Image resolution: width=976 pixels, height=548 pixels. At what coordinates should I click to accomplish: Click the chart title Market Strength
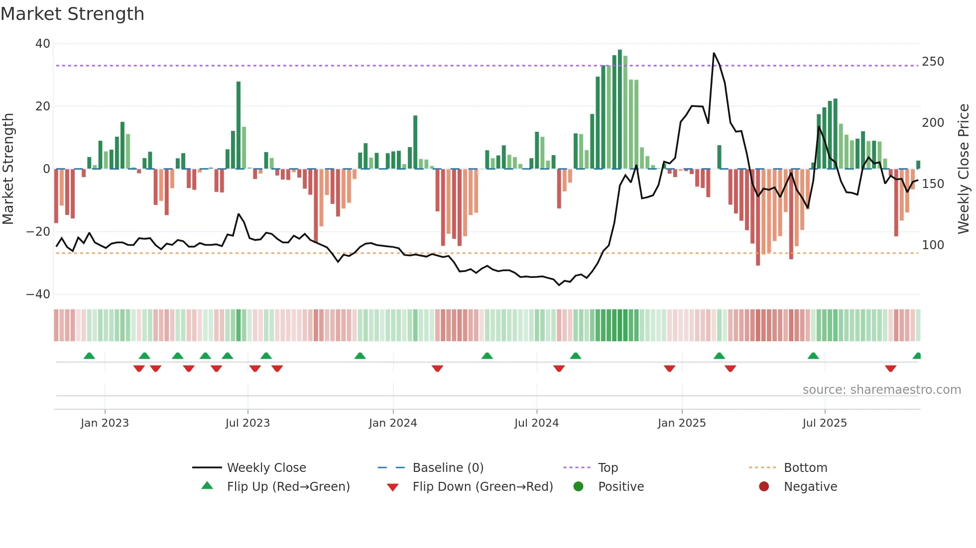click(x=72, y=14)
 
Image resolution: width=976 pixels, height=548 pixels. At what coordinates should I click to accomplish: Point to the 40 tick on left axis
click(x=43, y=44)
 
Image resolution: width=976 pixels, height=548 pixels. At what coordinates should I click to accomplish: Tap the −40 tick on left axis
click(x=38, y=294)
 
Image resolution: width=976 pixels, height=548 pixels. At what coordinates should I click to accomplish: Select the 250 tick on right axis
click(x=933, y=62)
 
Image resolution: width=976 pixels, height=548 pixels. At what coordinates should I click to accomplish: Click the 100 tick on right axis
click(x=933, y=245)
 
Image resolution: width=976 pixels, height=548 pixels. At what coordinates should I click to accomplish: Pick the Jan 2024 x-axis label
click(x=392, y=423)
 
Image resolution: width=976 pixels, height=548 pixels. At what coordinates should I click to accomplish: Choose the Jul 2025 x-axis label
click(x=824, y=423)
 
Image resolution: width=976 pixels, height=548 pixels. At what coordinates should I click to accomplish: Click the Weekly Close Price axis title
click(x=964, y=169)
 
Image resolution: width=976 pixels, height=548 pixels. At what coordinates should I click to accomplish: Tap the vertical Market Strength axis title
click(x=8, y=169)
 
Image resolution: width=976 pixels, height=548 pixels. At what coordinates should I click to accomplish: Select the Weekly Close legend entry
click(x=266, y=468)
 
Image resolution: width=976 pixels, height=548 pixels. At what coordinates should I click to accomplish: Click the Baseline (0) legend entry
click(x=448, y=468)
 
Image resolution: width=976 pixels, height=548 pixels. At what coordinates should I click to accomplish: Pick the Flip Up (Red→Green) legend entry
click(x=288, y=487)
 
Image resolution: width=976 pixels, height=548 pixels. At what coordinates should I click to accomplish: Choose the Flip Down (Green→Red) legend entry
click(x=482, y=487)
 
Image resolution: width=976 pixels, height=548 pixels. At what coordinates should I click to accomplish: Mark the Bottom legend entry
click(x=805, y=468)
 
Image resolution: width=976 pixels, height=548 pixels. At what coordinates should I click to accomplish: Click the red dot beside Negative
click(x=764, y=487)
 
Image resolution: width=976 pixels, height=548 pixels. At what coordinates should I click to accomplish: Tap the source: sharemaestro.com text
click(x=881, y=390)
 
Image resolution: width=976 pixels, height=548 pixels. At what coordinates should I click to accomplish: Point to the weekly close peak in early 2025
click(x=714, y=53)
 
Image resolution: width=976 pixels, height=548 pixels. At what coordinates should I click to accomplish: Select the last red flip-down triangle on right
click(x=890, y=368)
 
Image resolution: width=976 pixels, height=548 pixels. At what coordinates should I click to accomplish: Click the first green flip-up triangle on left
click(x=89, y=356)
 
